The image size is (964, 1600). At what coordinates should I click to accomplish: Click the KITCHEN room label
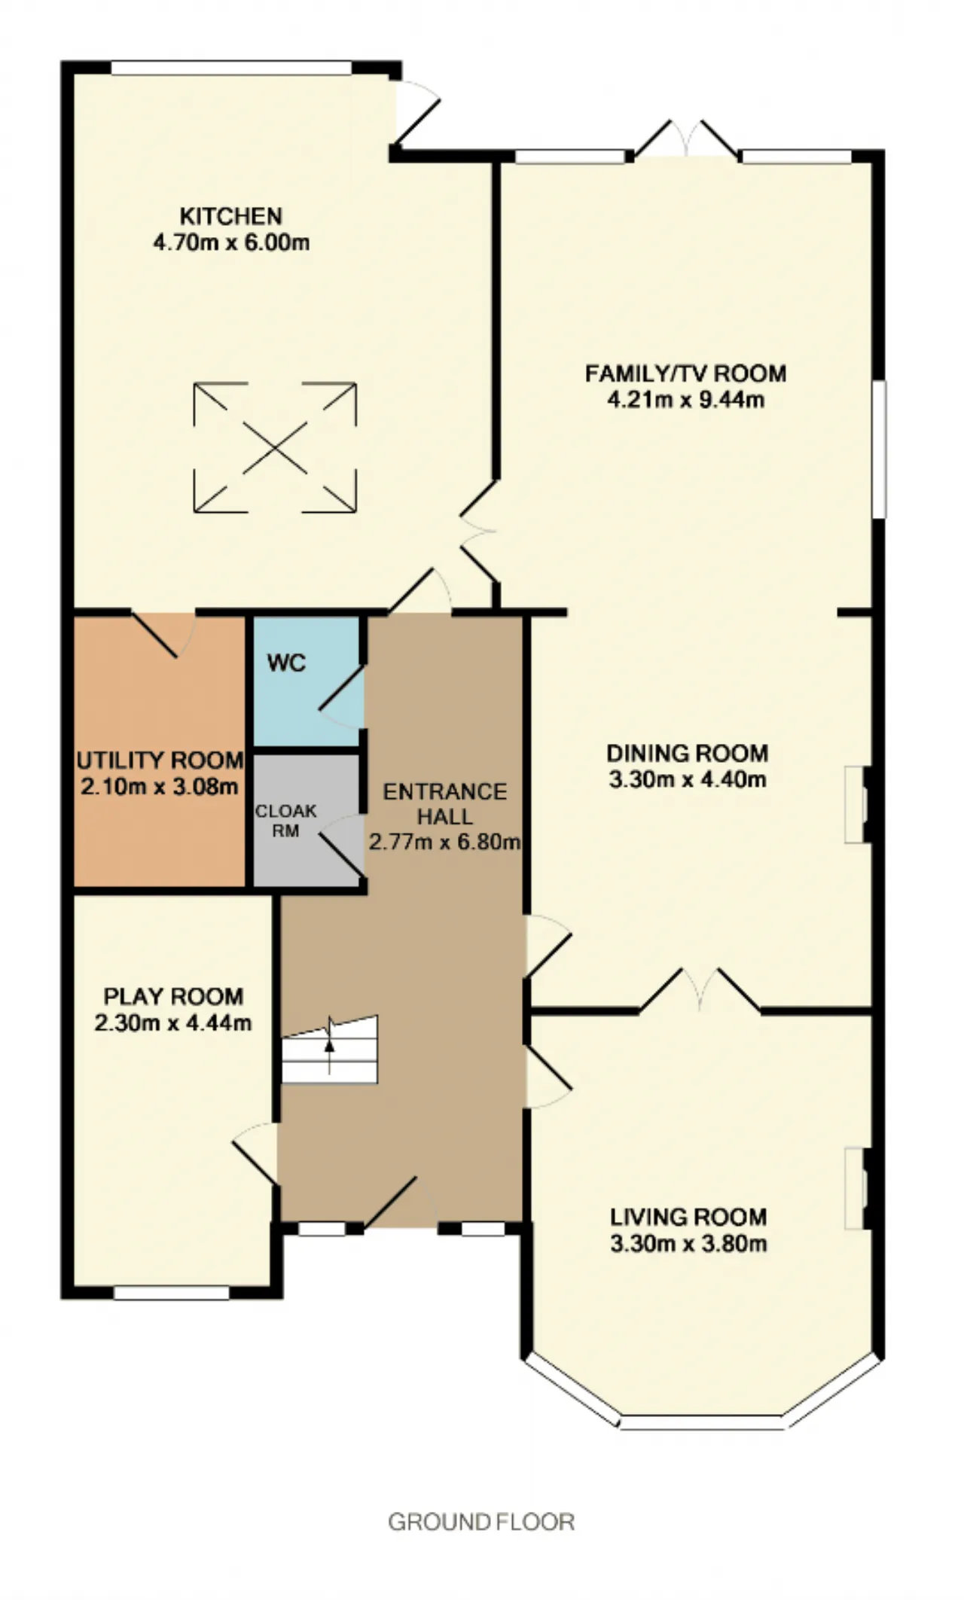[230, 216]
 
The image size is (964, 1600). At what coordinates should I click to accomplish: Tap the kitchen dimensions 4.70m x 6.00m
[230, 242]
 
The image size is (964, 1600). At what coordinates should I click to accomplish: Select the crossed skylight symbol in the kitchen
[275, 447]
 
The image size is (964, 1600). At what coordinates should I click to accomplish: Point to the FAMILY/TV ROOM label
[686, 373]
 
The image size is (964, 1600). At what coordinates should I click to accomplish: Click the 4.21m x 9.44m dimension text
[686, 399]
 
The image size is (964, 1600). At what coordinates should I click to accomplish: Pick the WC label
[286, 663]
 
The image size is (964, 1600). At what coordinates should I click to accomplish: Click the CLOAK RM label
[286, 821]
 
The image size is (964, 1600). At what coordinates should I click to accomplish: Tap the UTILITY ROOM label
[160, 760]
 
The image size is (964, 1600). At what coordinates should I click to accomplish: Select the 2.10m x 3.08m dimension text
[160, 787]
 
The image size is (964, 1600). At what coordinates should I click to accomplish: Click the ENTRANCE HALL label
[445, 803]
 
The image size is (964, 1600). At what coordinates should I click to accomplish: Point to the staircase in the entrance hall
[330, 1050]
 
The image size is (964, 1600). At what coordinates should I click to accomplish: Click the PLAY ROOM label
[173, 996]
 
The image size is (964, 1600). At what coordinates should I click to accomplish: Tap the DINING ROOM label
[688, 753]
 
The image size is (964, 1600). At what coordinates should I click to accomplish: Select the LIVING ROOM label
[688, 1217]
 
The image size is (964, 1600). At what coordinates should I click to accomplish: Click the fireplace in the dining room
[859, 804]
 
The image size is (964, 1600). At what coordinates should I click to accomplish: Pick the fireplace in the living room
[859, 1189]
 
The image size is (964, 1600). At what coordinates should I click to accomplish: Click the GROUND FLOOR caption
[481, 1522]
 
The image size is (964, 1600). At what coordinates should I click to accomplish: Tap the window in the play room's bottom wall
[172, 1293]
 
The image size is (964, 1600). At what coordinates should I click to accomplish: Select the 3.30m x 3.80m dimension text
[688, 1243]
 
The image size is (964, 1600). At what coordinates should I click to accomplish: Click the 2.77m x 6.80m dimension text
[444, 841]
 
